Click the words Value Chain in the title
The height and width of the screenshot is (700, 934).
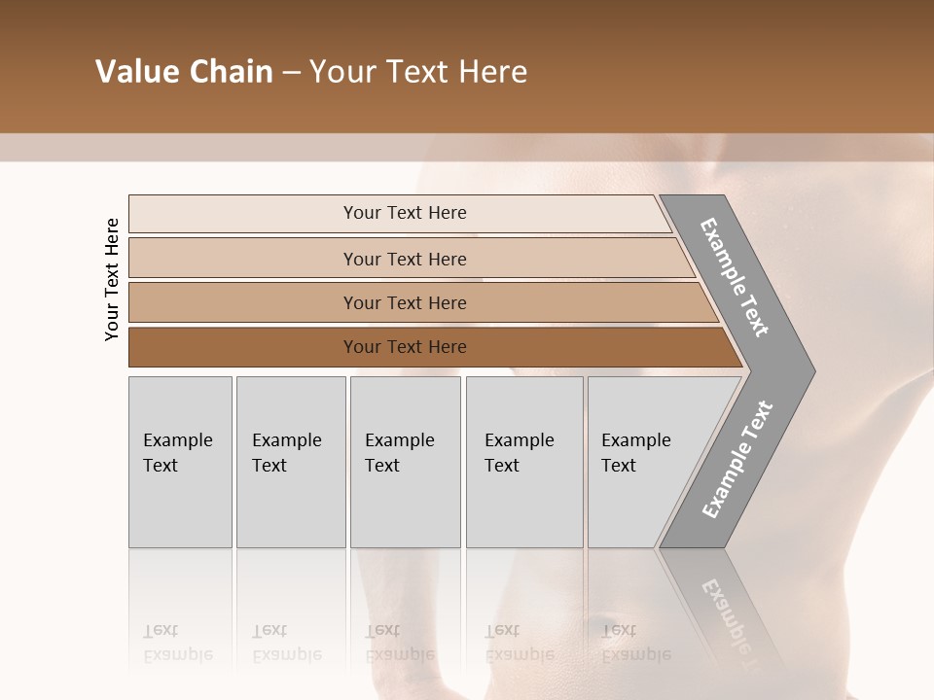click(184, 72)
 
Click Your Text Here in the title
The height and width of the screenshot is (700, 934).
click(418, 72)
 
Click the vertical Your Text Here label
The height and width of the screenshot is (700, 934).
click(112, 279)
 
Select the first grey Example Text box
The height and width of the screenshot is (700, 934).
click(180, 462)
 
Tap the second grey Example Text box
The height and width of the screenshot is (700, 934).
click(290, 462)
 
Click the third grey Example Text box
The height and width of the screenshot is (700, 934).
click(405, 462)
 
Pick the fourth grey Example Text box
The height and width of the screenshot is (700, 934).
click(524, 462)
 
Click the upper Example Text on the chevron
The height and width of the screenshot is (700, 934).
click(735, 277)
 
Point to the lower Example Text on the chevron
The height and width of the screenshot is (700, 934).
click(736, 460)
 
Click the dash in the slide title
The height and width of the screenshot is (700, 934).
click(291, 73)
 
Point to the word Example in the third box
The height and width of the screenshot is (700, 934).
click(399, 440)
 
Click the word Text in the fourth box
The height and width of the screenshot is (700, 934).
click(502, 466)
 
